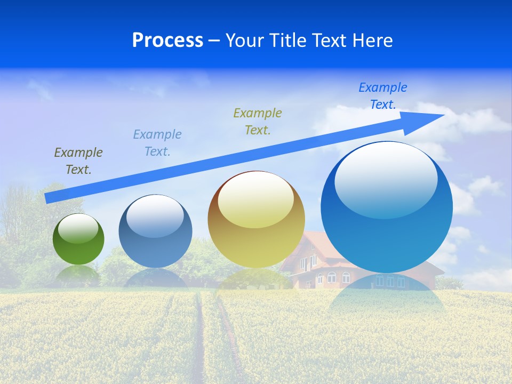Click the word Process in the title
pos(167,41)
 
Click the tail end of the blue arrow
pos(49,198)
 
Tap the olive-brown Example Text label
pos(78,161)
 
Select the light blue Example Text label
pos(157,142)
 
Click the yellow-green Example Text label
pos(258,121)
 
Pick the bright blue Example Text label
pos(383,95)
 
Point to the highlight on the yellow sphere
pos(256,199)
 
